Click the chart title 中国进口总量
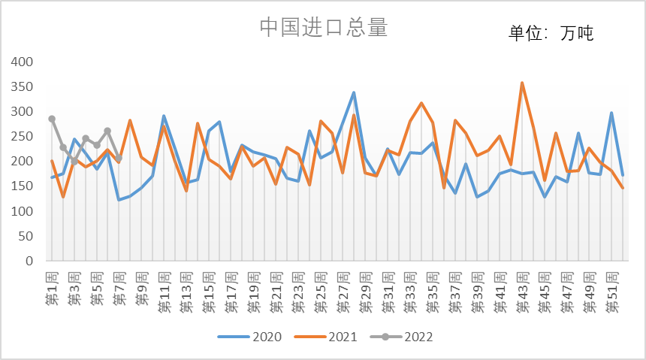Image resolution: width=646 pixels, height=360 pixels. coord(323,28)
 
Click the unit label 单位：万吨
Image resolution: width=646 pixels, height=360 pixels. coord(551,32)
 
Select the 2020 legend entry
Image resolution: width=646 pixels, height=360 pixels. coord(251,337)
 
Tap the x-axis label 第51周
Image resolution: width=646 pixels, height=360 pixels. coord(612,289)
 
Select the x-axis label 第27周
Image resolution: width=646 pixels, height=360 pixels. coord(343,289)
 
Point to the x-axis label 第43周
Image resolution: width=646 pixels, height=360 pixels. coord(522,289)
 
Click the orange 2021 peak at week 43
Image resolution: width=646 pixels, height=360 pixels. coord(522,83)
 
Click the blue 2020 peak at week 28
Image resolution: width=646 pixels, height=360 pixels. coord(354,92)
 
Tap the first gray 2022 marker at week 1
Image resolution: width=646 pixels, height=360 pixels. coord(52,119)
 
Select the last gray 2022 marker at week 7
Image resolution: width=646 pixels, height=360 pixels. coord(119,159)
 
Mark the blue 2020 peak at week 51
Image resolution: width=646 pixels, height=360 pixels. coord(611,113)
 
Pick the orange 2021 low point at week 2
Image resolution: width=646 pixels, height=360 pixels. coord(63,197)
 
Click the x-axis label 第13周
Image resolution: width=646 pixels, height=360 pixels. coord(186,289)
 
